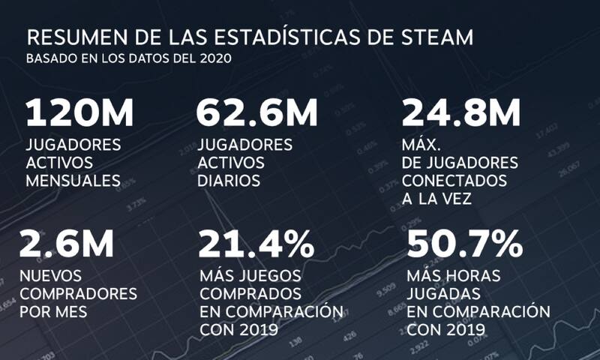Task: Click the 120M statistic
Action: pyautogui.click(x=80, y=113)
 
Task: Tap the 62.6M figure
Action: pyautogui.click(x=256, y=113)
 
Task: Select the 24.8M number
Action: pyautogui.click(x=461, y=113)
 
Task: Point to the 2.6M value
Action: pyautogui.click(x=67, y=243)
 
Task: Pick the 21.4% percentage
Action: pyautogui.click(x=256, y=243)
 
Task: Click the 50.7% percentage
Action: pyautogui.click(x=463, y=243)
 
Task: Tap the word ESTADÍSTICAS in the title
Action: pyautogui.click(x=259, y=38)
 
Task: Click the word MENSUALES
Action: pyautogui.click(x=73, y=180)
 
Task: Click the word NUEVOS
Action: pyautogui.click(x=51, y=276)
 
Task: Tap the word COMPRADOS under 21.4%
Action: pyautogui.click(x=250, y=293)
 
